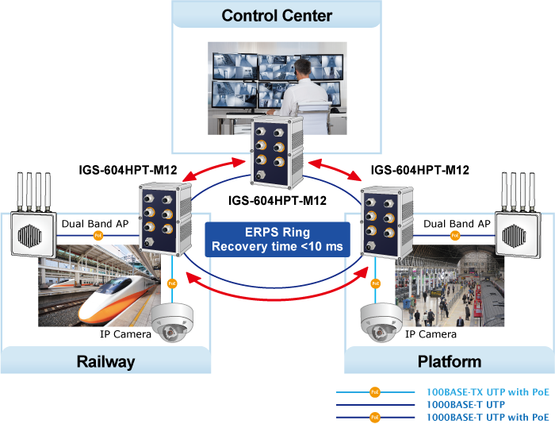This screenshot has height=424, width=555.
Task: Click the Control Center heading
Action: [x=277, y=15]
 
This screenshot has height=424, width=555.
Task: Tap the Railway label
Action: [x=105, y=361]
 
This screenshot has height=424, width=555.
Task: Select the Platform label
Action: [x=449, y=361]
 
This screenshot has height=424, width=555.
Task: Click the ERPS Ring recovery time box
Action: [x=277, y=240]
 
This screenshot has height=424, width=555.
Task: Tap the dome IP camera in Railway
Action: [x=174, y=321]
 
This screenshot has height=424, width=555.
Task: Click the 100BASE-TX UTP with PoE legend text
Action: [x=488, y=392]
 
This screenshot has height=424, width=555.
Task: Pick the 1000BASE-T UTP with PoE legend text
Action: [x=488, y=416]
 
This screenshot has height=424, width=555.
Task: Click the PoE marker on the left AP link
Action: [x=98, y=235]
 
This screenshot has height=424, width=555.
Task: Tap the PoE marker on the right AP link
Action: [x=455, y=235]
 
